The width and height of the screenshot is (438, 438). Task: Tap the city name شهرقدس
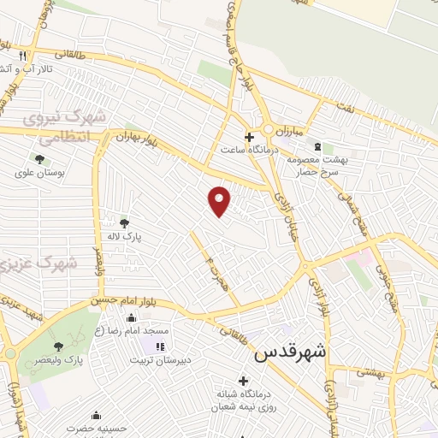click(290, 350)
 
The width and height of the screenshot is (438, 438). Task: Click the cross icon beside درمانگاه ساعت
click(249, 137)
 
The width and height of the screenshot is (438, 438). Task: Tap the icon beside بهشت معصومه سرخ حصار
click(318, 147)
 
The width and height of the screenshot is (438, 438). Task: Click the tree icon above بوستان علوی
click(39, 158)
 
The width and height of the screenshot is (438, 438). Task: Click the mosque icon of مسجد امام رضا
click(131, 318)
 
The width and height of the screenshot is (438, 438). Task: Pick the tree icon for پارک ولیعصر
click(57, 346)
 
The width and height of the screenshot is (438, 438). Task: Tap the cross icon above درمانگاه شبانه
click(243, 381)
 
